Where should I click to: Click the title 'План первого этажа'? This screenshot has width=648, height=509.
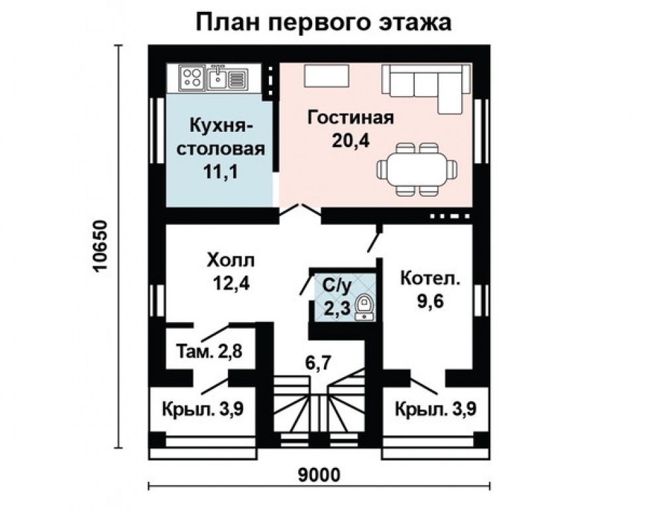click(323, 21)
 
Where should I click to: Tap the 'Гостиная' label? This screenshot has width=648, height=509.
click(351, 118)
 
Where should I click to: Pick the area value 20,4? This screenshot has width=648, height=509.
click(351, 141)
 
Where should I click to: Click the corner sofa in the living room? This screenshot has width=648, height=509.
click(424, 86)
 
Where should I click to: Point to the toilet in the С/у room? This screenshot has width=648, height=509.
click(364, 308)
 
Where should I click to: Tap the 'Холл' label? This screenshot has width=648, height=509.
click(230, 259)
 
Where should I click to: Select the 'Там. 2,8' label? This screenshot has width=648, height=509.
click(210, 351)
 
